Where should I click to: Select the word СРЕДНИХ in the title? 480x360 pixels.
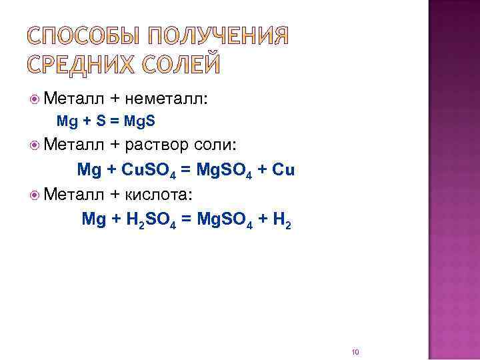pos(84,65)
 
